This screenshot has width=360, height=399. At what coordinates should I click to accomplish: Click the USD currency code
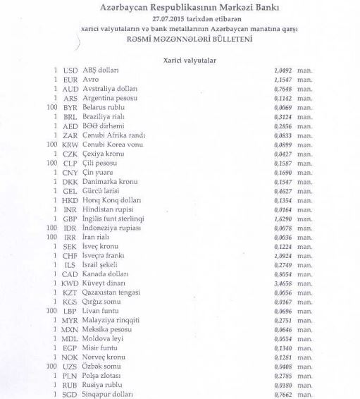click(x=70, y=71)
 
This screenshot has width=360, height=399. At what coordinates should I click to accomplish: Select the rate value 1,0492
click(x=283, y=71)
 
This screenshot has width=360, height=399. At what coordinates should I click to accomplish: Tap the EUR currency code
click(x=70, y=80)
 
